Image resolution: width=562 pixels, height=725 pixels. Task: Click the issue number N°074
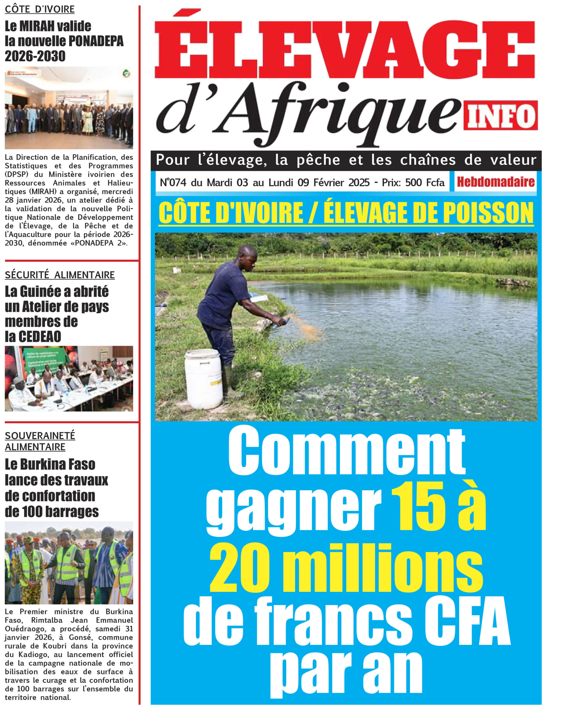coord(173,183)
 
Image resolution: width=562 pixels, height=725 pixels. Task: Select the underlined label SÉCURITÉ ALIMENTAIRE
coord(60,275)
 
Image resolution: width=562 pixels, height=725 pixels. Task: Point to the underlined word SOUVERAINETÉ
coord(40,436)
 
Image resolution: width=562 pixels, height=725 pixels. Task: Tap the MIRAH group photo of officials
coord(69,108)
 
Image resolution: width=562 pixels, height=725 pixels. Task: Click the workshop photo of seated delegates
coord(69,379)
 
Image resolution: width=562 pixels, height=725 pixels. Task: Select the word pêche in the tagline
coord(318,160)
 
